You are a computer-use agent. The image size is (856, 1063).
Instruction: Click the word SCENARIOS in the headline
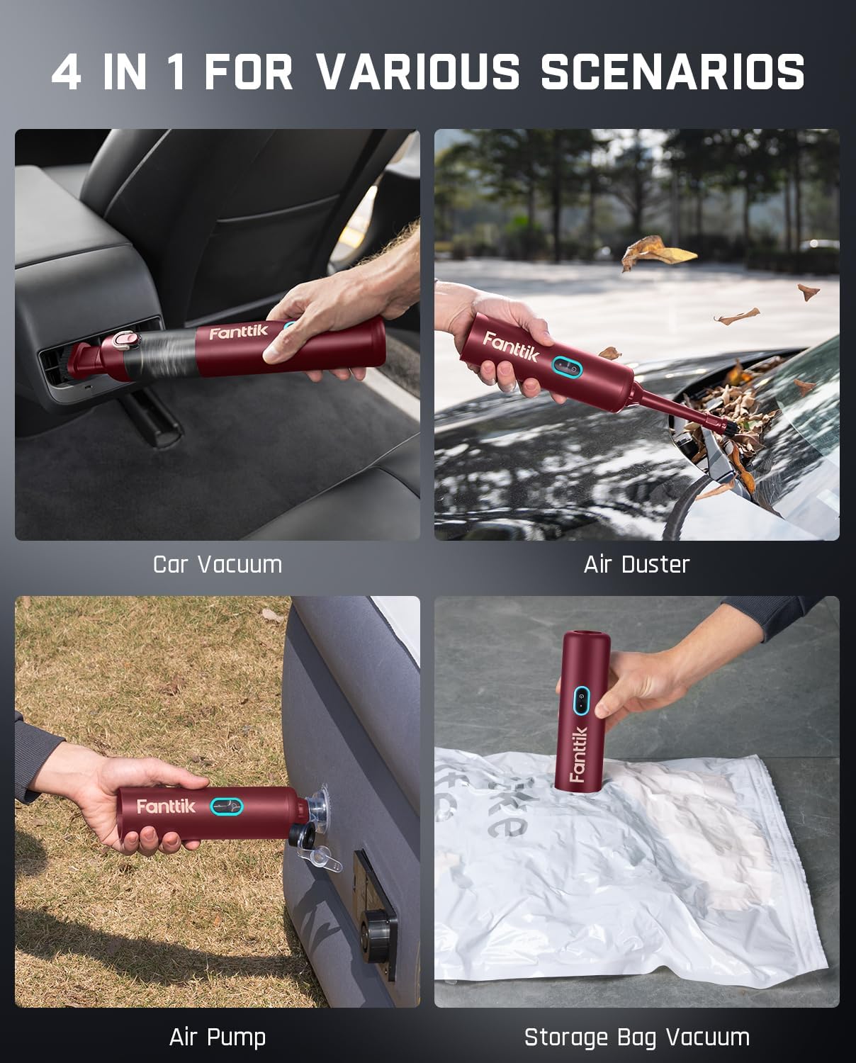672,72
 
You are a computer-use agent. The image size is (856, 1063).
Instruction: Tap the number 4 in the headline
67,72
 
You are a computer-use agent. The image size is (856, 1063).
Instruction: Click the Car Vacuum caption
218,564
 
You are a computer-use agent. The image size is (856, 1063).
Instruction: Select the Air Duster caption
636,564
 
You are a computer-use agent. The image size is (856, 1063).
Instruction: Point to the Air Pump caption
218,1037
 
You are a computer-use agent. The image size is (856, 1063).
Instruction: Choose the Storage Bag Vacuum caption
636,1037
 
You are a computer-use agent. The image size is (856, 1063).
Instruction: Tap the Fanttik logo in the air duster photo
511,347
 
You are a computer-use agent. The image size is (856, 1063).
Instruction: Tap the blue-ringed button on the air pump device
227,806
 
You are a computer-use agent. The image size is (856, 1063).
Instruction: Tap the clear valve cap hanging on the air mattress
323,856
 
